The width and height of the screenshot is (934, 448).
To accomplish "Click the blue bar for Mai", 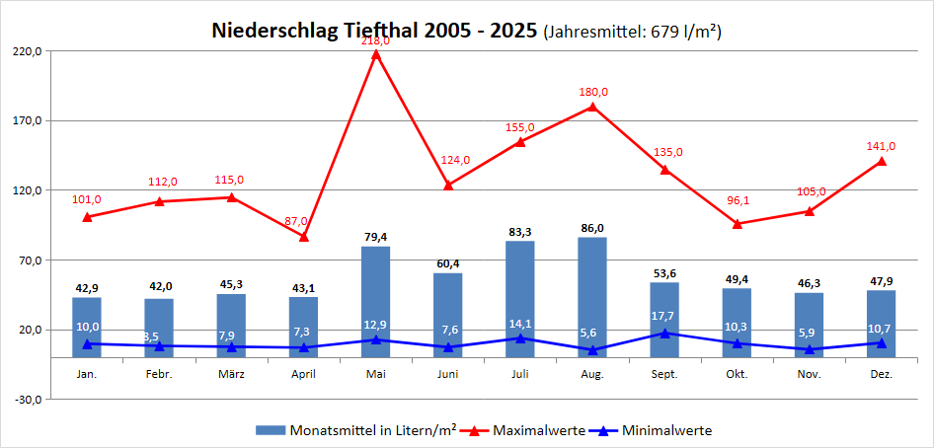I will click(376, 301).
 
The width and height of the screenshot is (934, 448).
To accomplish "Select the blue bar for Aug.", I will click(593, 297).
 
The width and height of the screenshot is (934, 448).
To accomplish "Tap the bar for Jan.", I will click(87, 327).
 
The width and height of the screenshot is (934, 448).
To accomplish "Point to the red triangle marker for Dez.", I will click(882, 161).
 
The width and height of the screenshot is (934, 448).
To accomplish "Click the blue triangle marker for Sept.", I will click(665, 333).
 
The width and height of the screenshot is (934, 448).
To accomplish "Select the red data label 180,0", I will click(593, 92).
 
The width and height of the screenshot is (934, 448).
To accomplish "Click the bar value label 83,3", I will click(520, 232).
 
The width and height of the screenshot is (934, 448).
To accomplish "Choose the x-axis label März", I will click(231, 375).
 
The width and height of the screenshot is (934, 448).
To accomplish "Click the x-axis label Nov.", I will click(810, 375).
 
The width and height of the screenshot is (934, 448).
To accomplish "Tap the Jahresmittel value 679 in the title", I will click(663, 32).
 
